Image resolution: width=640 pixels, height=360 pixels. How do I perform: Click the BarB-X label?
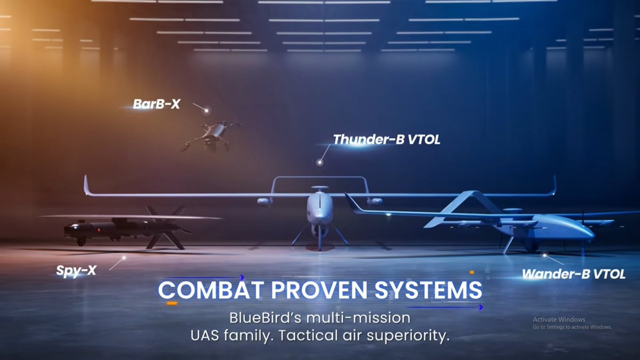pyautogui.click(x=156, y=104)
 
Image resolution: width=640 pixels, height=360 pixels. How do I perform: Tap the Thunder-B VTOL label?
pyautogui.click(x=386, y=140)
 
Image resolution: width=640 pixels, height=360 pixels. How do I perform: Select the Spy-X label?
pyautogui.click(x=76, y=270)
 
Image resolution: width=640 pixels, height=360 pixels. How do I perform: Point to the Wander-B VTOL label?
pyautogui.click(x=573, y=275)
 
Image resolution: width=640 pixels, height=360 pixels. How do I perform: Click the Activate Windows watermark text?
pyautogui.click(x=559, y=319)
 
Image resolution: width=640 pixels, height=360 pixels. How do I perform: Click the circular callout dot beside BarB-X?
pyautogui.click(x=207, y=110)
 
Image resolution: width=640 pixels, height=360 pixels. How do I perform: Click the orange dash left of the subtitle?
pyautogui.click(x=172, y=303)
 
